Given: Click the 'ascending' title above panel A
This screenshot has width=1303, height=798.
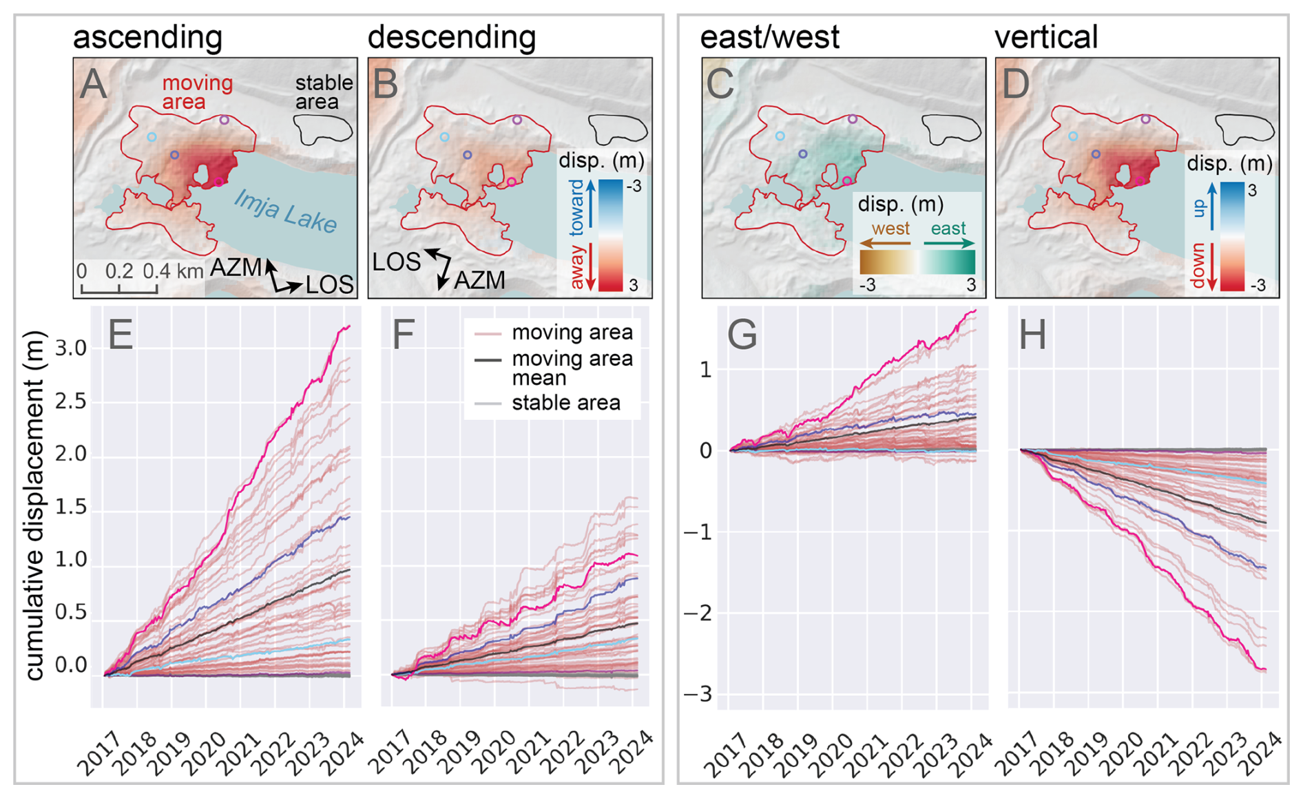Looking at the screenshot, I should (147, 37).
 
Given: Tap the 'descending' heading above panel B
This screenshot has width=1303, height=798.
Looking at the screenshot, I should (451, 37).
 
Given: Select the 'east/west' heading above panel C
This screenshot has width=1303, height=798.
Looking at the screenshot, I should (769, 37).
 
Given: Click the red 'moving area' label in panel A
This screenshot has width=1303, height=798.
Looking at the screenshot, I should (197, 92).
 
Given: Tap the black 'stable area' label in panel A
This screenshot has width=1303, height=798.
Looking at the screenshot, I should (323, 92).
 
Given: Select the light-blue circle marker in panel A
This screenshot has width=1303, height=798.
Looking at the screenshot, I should (152, 137).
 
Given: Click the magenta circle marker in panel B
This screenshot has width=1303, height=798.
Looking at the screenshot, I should (512, 182).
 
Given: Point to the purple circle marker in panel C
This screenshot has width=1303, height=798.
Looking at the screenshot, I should (853, 119).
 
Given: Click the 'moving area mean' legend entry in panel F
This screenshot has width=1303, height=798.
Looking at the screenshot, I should (572, 368).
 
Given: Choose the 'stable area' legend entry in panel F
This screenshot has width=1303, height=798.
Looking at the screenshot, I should (565, 403).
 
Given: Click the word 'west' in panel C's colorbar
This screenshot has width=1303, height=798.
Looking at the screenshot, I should (890, 229).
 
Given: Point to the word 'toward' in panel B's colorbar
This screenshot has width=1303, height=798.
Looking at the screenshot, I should (576, 206).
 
